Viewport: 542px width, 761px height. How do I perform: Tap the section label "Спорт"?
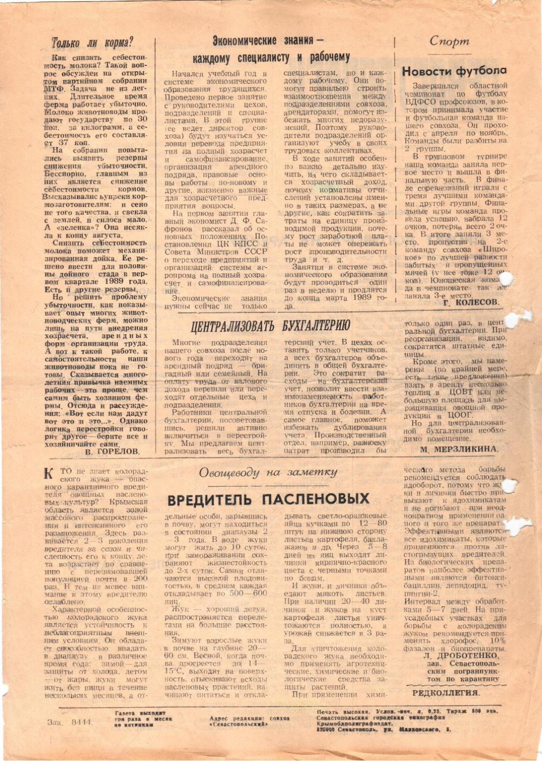(x=449, y=41)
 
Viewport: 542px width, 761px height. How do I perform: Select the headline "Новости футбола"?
(x=454, y=71)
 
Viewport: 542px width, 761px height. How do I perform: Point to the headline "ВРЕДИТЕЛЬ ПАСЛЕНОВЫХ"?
(x=268, y=499)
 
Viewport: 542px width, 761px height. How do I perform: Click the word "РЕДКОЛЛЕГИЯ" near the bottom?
(x=445, y=693)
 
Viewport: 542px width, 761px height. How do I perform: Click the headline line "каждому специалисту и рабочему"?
(x=271, y=57)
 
